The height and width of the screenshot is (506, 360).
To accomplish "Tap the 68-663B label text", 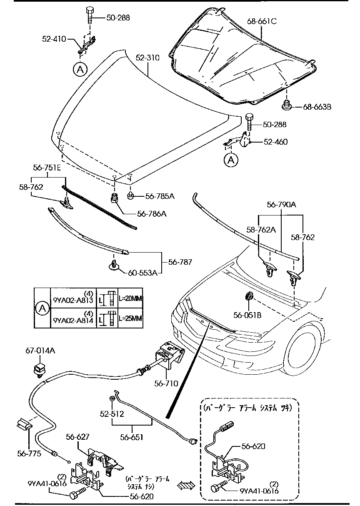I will [317, 107].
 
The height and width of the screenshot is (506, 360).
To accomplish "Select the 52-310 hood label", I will [147, 58].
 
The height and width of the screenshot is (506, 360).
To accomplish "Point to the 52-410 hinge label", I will [54, 39].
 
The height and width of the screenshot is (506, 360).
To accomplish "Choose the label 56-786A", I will [152, 214].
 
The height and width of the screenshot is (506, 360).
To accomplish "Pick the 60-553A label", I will [142, 273].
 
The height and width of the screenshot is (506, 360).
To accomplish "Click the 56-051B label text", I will [247, 316].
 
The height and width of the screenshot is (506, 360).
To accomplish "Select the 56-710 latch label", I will [166, 383].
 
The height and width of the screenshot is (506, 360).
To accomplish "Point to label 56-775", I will [29, 453].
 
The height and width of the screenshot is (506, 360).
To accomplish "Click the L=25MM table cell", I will [130, 318].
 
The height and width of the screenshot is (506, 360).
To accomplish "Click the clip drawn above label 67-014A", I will [39, 368].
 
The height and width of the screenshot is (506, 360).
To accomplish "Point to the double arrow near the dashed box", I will [186, 485].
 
